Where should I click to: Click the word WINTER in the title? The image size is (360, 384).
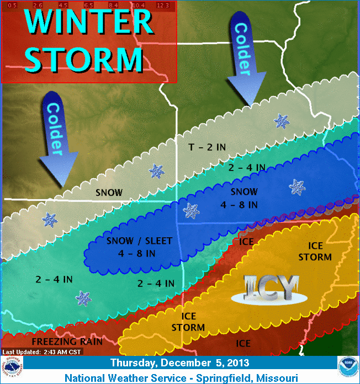click(88, 22)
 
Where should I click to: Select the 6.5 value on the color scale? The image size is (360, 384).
click(88, 6)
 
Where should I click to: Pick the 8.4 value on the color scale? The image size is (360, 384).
click(113, 6)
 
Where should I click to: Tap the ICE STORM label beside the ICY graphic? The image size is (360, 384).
click(315, 252)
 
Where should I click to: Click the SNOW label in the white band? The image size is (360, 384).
click(109, 193)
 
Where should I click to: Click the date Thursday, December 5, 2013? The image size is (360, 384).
click(179, 363)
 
